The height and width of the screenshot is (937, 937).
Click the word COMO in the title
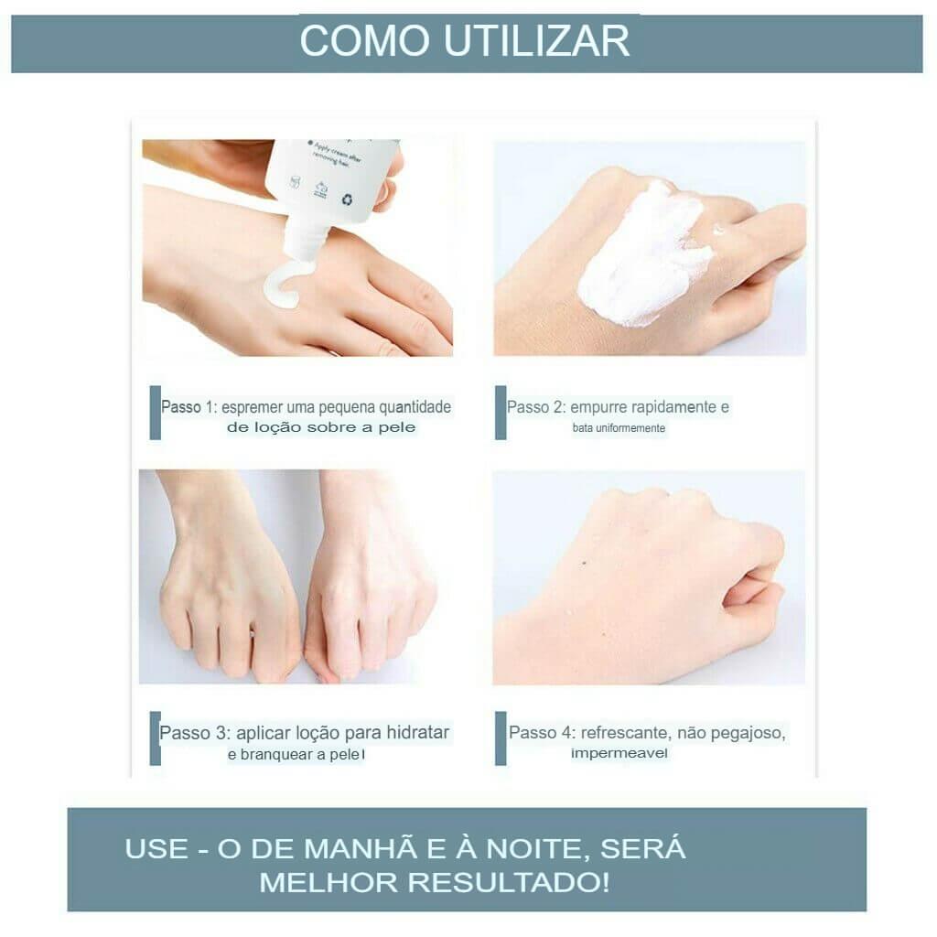pyautogui.click(x=364, y=41)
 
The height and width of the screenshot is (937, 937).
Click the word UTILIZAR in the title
pyautogui.click(x=537, y=41)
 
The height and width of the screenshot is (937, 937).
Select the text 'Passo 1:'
pyautogui.click(x=188, y=407)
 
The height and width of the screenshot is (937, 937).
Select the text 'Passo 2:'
pyautogui.click(x=535, y=407)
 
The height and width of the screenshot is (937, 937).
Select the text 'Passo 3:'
pyautogui.click(x=195, y=733)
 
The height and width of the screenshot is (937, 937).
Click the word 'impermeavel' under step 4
pyautogui.click(x=619, y=753)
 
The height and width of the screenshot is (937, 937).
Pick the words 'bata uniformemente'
pyautogui.click(x=619, y=428)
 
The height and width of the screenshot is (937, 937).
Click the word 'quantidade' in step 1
pyautogui.click(x=415, y=407)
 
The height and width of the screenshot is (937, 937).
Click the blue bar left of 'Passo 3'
pyautogui.click(x=155, y=738)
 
